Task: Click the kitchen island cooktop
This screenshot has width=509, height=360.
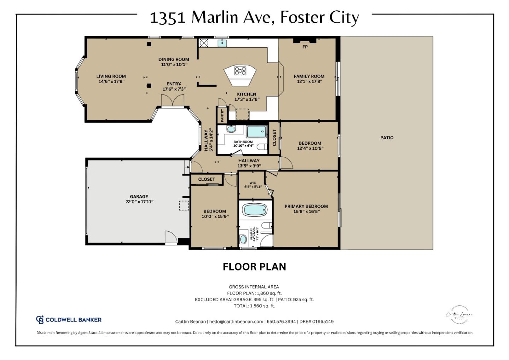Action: click(x=240, y=71)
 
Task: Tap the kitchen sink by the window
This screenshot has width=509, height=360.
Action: click(x=222, y=43)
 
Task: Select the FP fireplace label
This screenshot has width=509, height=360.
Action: click(x=305, y=47)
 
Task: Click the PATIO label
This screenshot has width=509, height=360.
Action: click(x=387, y=138)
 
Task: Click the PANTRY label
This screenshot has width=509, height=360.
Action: click(x=222, y=115)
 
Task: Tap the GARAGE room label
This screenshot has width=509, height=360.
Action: click(x=139, y=197)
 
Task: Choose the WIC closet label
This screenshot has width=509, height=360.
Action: click(x=253, y=183)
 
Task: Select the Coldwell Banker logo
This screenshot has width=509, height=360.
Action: click(x=69, y=320)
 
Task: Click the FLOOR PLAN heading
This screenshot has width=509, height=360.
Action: click(x=254, y=267)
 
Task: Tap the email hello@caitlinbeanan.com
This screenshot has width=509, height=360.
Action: click(x=236, y=321)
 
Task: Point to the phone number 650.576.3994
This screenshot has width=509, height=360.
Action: click(x=281, y=321)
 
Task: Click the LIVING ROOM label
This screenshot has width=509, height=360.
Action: click(x=111, y=76)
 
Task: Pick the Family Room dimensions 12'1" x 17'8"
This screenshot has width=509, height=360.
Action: click(x=309, y=81)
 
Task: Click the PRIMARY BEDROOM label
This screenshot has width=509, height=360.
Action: click(x=306, y=206)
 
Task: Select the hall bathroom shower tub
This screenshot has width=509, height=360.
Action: click(x=256, y=132)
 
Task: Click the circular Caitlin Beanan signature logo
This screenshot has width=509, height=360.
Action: click(x=460, y=314)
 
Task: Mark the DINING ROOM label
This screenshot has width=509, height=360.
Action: click(x=174, y=59)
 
